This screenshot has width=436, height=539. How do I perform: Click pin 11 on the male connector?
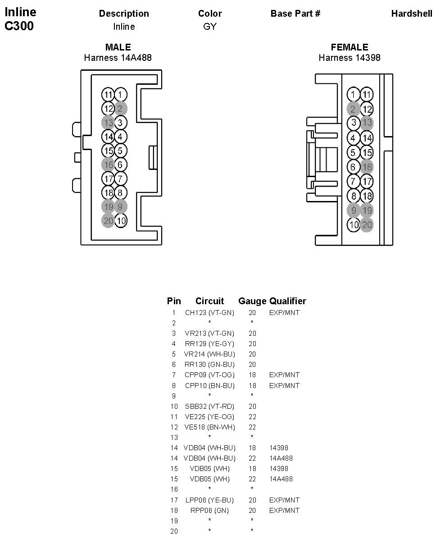click(108, 95)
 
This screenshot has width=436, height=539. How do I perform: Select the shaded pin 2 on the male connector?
click(120, 109)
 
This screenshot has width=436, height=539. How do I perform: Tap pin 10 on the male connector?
click(121, 221)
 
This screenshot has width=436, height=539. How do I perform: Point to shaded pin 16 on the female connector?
click(367, 167)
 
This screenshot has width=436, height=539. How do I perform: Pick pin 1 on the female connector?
click(353, 95)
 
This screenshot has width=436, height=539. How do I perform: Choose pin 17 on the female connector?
click(367, 182)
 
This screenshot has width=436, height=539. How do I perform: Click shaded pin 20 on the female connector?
click(367, 224)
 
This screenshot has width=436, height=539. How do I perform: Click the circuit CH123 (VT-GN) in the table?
click(209, 312)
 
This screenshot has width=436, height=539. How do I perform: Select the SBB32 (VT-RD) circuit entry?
click(209, 406)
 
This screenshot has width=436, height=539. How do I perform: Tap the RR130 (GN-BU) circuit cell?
click(209, 365)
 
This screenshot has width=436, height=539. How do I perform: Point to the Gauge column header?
click(252, 301)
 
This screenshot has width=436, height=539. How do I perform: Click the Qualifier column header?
click(288, 301)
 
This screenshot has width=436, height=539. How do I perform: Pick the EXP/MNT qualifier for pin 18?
click(284, 510)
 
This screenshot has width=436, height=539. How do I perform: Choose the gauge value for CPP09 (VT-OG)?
click(252, 375)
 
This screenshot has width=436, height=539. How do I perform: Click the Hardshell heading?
click(412, 14)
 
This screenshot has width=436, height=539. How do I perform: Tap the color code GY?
click(210, 27)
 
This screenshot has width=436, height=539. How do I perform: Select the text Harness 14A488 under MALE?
click(118, 58)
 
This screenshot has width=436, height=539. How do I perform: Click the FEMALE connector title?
click(350, 47)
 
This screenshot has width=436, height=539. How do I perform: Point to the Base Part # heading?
click(295, 14)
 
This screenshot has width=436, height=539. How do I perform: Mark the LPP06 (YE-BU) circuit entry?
click(209, 500)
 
